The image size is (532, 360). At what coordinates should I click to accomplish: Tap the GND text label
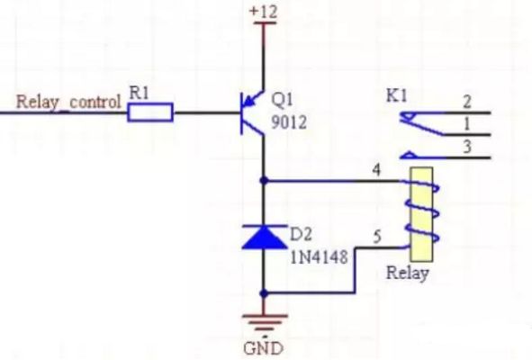point(263,348)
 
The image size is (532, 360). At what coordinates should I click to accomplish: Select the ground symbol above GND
point(265,323)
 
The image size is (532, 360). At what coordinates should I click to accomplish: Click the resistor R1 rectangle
point(150,112)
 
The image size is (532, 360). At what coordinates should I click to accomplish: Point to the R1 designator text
point(140,93)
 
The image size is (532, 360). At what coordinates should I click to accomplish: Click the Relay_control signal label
point(68,102)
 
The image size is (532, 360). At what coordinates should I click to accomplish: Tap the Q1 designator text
point(282,100)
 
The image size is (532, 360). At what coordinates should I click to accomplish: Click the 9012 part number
point(289,122)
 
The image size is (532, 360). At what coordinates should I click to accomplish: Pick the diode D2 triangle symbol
point(264,237)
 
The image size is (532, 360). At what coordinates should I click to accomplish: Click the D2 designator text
point(301,235)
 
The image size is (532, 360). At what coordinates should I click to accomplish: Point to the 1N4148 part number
point(319,257)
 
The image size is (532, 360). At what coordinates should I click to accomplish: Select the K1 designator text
point(397,96)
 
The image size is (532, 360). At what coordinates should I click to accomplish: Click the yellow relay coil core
point(421,214)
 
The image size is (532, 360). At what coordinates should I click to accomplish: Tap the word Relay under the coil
point(408,273)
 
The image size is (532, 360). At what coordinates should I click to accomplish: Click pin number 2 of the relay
point(467,102)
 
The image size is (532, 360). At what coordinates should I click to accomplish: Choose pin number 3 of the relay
point(467,148)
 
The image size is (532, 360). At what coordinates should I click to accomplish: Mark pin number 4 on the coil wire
point(376,170)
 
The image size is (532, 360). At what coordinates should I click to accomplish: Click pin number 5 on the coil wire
point(377,237)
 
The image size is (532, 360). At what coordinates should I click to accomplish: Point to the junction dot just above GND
point(264,293)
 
